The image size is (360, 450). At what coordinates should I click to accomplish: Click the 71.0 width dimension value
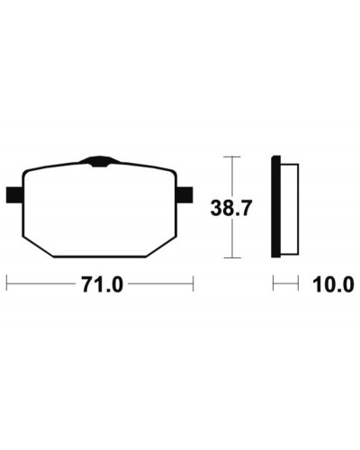click(x=103, y=284)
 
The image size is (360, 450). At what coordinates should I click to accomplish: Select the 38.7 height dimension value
click(x=230, y=208)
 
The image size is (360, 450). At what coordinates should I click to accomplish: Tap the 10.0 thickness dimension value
click(x=333, y=284)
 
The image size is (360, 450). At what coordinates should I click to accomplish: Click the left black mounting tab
click(x=14, y=194)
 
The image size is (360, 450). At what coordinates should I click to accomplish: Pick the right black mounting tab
click(x=184, y=194)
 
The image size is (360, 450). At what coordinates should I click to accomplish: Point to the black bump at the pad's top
click(x=100, y=161)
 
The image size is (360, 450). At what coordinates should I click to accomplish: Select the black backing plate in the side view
click(x=275, y=206)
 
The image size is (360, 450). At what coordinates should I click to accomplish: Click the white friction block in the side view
click(x=289, y=209)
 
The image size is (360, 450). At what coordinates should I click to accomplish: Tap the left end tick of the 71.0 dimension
click(x=6, y=283)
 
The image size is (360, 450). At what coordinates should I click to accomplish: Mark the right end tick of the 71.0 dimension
click(x=193, y=283)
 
